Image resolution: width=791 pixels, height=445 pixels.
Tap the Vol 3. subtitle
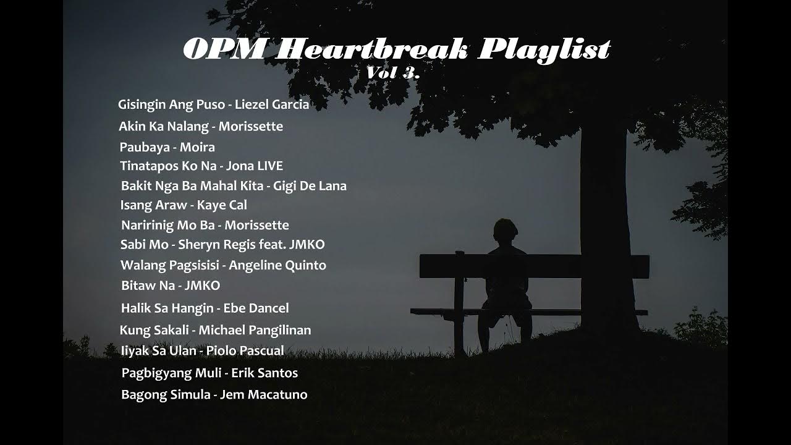pos(393,72)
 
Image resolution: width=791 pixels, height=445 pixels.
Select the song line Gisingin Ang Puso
pos(171,104)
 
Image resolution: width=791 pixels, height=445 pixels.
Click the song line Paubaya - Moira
pos(167,147)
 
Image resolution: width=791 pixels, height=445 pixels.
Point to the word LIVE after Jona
pos(270,166)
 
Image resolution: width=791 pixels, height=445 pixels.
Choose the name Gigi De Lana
pos(310,185)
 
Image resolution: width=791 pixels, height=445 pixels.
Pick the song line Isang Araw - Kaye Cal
pos(184,205)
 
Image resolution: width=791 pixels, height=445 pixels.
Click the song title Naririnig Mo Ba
pos(167,225)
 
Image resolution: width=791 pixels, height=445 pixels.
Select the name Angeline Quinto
pos(277,265)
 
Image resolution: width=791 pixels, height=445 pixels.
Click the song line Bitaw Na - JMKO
pos(170,286)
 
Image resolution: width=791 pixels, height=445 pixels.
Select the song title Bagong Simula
pos(166,394)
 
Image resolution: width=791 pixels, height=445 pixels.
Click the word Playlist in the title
pos(544,49)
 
